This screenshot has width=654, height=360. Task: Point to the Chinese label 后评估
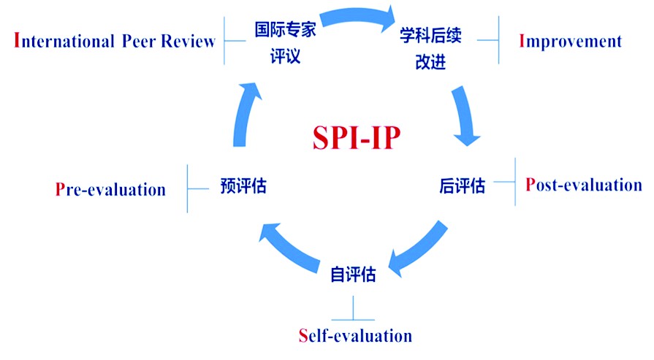(x=462, y=186)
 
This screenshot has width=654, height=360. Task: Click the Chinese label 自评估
(x=353, y=275)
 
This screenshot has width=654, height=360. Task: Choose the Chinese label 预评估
(x=243, y=186)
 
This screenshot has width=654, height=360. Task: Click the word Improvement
(x=570, y=41)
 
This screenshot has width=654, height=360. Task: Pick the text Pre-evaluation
(x=110, y=190)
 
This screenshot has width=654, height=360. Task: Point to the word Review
(x=189, y=41)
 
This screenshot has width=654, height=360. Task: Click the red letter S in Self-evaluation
(x=303, y=336)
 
